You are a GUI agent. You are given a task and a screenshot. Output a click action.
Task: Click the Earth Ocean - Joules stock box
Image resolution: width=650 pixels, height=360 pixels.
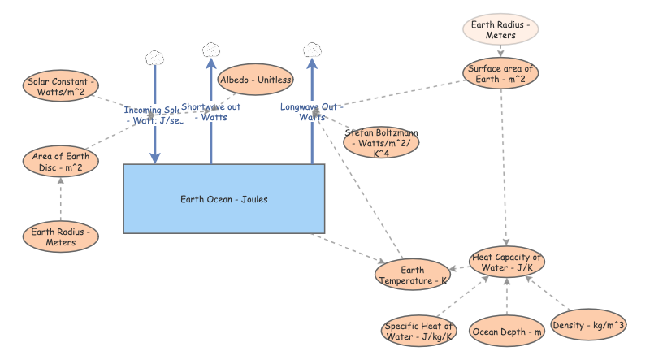223,199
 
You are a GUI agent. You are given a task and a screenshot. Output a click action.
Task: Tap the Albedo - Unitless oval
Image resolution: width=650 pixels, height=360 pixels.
256,80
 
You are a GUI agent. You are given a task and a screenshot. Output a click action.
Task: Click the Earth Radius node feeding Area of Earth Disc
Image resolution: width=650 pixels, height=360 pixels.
61,236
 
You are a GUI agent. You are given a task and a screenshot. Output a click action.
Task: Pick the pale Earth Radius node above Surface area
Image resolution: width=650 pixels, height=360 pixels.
500,30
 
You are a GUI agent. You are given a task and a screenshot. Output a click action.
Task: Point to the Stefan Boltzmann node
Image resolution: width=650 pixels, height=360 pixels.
382,141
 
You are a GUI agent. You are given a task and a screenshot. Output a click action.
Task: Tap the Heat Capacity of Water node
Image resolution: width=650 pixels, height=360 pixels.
507,262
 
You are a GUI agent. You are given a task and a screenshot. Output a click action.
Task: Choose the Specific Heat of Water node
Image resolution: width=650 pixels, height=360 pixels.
419,330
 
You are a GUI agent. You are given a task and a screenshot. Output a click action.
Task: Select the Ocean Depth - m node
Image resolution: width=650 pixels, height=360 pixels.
507,331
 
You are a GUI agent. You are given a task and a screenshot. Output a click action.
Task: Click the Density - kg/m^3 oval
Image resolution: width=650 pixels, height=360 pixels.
589,325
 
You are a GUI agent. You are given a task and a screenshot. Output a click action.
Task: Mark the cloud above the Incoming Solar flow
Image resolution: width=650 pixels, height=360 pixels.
154,58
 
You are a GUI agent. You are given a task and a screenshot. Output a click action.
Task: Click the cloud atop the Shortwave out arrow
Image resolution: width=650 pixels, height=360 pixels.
211,49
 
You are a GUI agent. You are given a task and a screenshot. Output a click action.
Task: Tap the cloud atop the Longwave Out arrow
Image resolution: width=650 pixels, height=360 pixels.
311,49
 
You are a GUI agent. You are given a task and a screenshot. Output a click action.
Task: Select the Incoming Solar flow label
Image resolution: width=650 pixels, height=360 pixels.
154,115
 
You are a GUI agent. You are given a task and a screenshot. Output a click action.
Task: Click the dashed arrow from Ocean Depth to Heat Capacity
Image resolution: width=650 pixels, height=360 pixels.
507,297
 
